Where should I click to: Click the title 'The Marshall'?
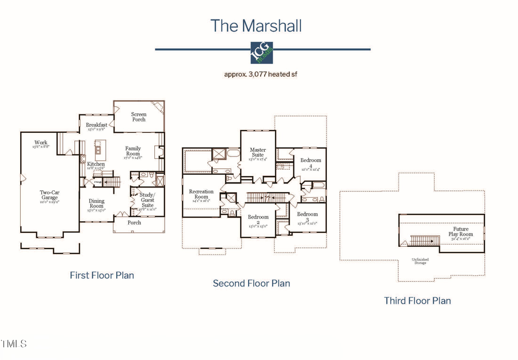coord(256,26)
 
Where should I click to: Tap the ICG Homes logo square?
coord(262,53)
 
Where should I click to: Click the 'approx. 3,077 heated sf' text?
coord(262,74)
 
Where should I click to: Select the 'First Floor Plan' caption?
coord(102,275)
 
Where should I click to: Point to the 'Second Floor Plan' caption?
coord(252,284)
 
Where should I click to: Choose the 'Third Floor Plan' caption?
coord(417,301)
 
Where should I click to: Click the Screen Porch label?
coord(139,117)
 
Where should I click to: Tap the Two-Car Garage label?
coord(49,196)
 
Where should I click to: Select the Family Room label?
coord(133,151)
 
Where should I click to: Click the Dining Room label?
coord(96,204)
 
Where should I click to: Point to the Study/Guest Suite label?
coord(147,200)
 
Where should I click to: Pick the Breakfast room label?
coord(97,125)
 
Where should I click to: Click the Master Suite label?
coord(258,152)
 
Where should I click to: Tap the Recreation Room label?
coord(201,194)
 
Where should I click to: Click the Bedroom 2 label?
coord(258,220)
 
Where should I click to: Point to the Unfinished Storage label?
coord(420,262)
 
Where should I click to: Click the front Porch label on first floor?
coord(134,223)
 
